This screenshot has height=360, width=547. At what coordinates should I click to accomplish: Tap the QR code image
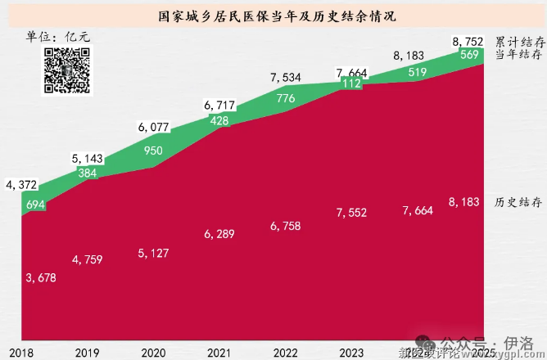66,69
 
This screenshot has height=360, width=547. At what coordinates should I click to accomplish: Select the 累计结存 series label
520,42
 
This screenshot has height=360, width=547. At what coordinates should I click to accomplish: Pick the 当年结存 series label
520,55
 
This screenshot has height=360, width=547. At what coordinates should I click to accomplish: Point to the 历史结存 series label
520,202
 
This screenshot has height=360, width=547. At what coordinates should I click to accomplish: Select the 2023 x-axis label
350,353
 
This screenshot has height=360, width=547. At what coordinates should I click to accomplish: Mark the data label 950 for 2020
151,151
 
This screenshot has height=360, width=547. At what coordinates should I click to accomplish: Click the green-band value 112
350,83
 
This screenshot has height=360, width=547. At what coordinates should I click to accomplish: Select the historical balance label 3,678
41,278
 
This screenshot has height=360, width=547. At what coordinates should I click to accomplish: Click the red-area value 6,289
219,235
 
